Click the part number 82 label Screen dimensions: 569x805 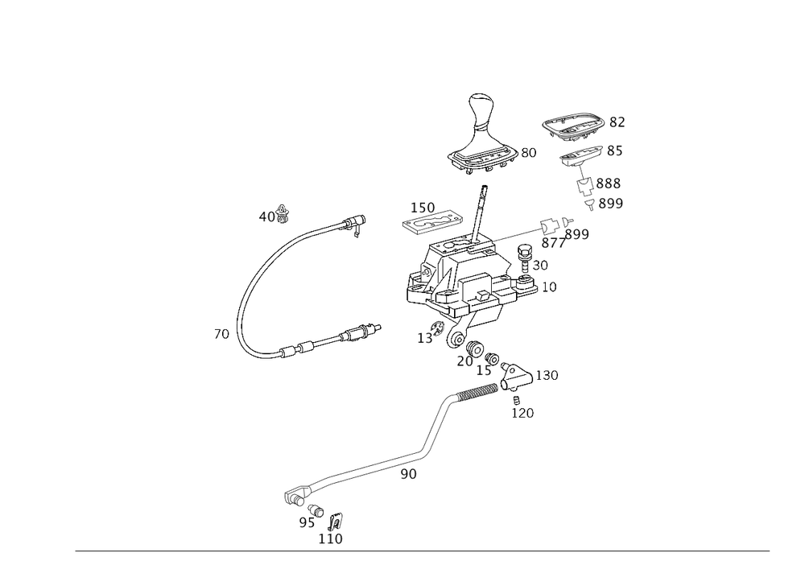[x=617, y=122]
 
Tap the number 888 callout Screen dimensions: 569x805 [x=609, y=183]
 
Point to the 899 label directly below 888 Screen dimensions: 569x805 [x=611, y=204]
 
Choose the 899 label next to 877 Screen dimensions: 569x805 [x=577, y=234]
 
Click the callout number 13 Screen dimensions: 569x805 [x=423, y=339]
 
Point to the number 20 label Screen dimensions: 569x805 [x=464, y=362]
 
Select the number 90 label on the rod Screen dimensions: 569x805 [x=409, y=475]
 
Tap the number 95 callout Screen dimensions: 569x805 [x=306, y=522]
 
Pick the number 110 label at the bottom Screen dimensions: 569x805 [x=330, y=540]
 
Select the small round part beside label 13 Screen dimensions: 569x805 [x=439, y=327]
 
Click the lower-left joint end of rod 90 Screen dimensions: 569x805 [x=293, y=496]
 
